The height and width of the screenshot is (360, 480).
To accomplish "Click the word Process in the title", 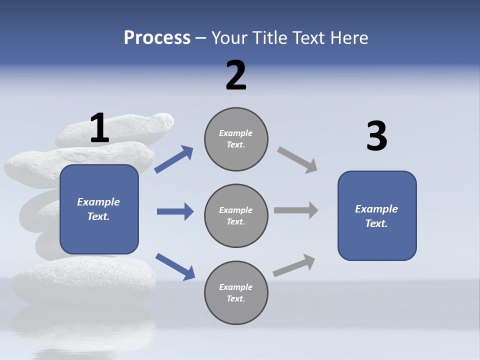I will [157, 37].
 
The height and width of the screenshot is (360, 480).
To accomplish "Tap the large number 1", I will [99, 128].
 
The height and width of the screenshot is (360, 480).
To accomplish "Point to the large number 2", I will [236, 75].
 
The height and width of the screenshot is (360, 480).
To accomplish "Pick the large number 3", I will [376, 136].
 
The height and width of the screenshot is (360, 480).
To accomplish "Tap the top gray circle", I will [236, 139].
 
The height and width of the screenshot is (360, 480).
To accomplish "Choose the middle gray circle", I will [236, 215].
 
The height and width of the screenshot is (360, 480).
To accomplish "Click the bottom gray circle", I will [236, 292].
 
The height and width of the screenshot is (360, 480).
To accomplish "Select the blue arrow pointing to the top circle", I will [174, 159].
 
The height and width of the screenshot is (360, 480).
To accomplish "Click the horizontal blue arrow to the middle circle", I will [175, 211].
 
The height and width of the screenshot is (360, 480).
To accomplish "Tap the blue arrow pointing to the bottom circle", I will [175, 266].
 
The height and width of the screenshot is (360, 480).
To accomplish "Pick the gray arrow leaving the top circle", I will [297, 160].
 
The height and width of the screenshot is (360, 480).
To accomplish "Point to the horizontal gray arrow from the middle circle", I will [296, 210].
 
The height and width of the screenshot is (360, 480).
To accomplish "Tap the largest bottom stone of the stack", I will [82, 280].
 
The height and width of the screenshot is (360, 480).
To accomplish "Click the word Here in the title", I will [349, 37].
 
